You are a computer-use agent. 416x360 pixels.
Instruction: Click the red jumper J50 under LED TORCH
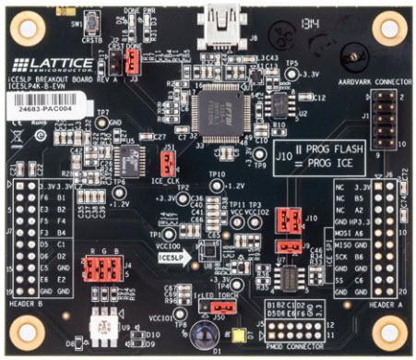218,306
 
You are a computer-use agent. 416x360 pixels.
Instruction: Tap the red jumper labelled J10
289,220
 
